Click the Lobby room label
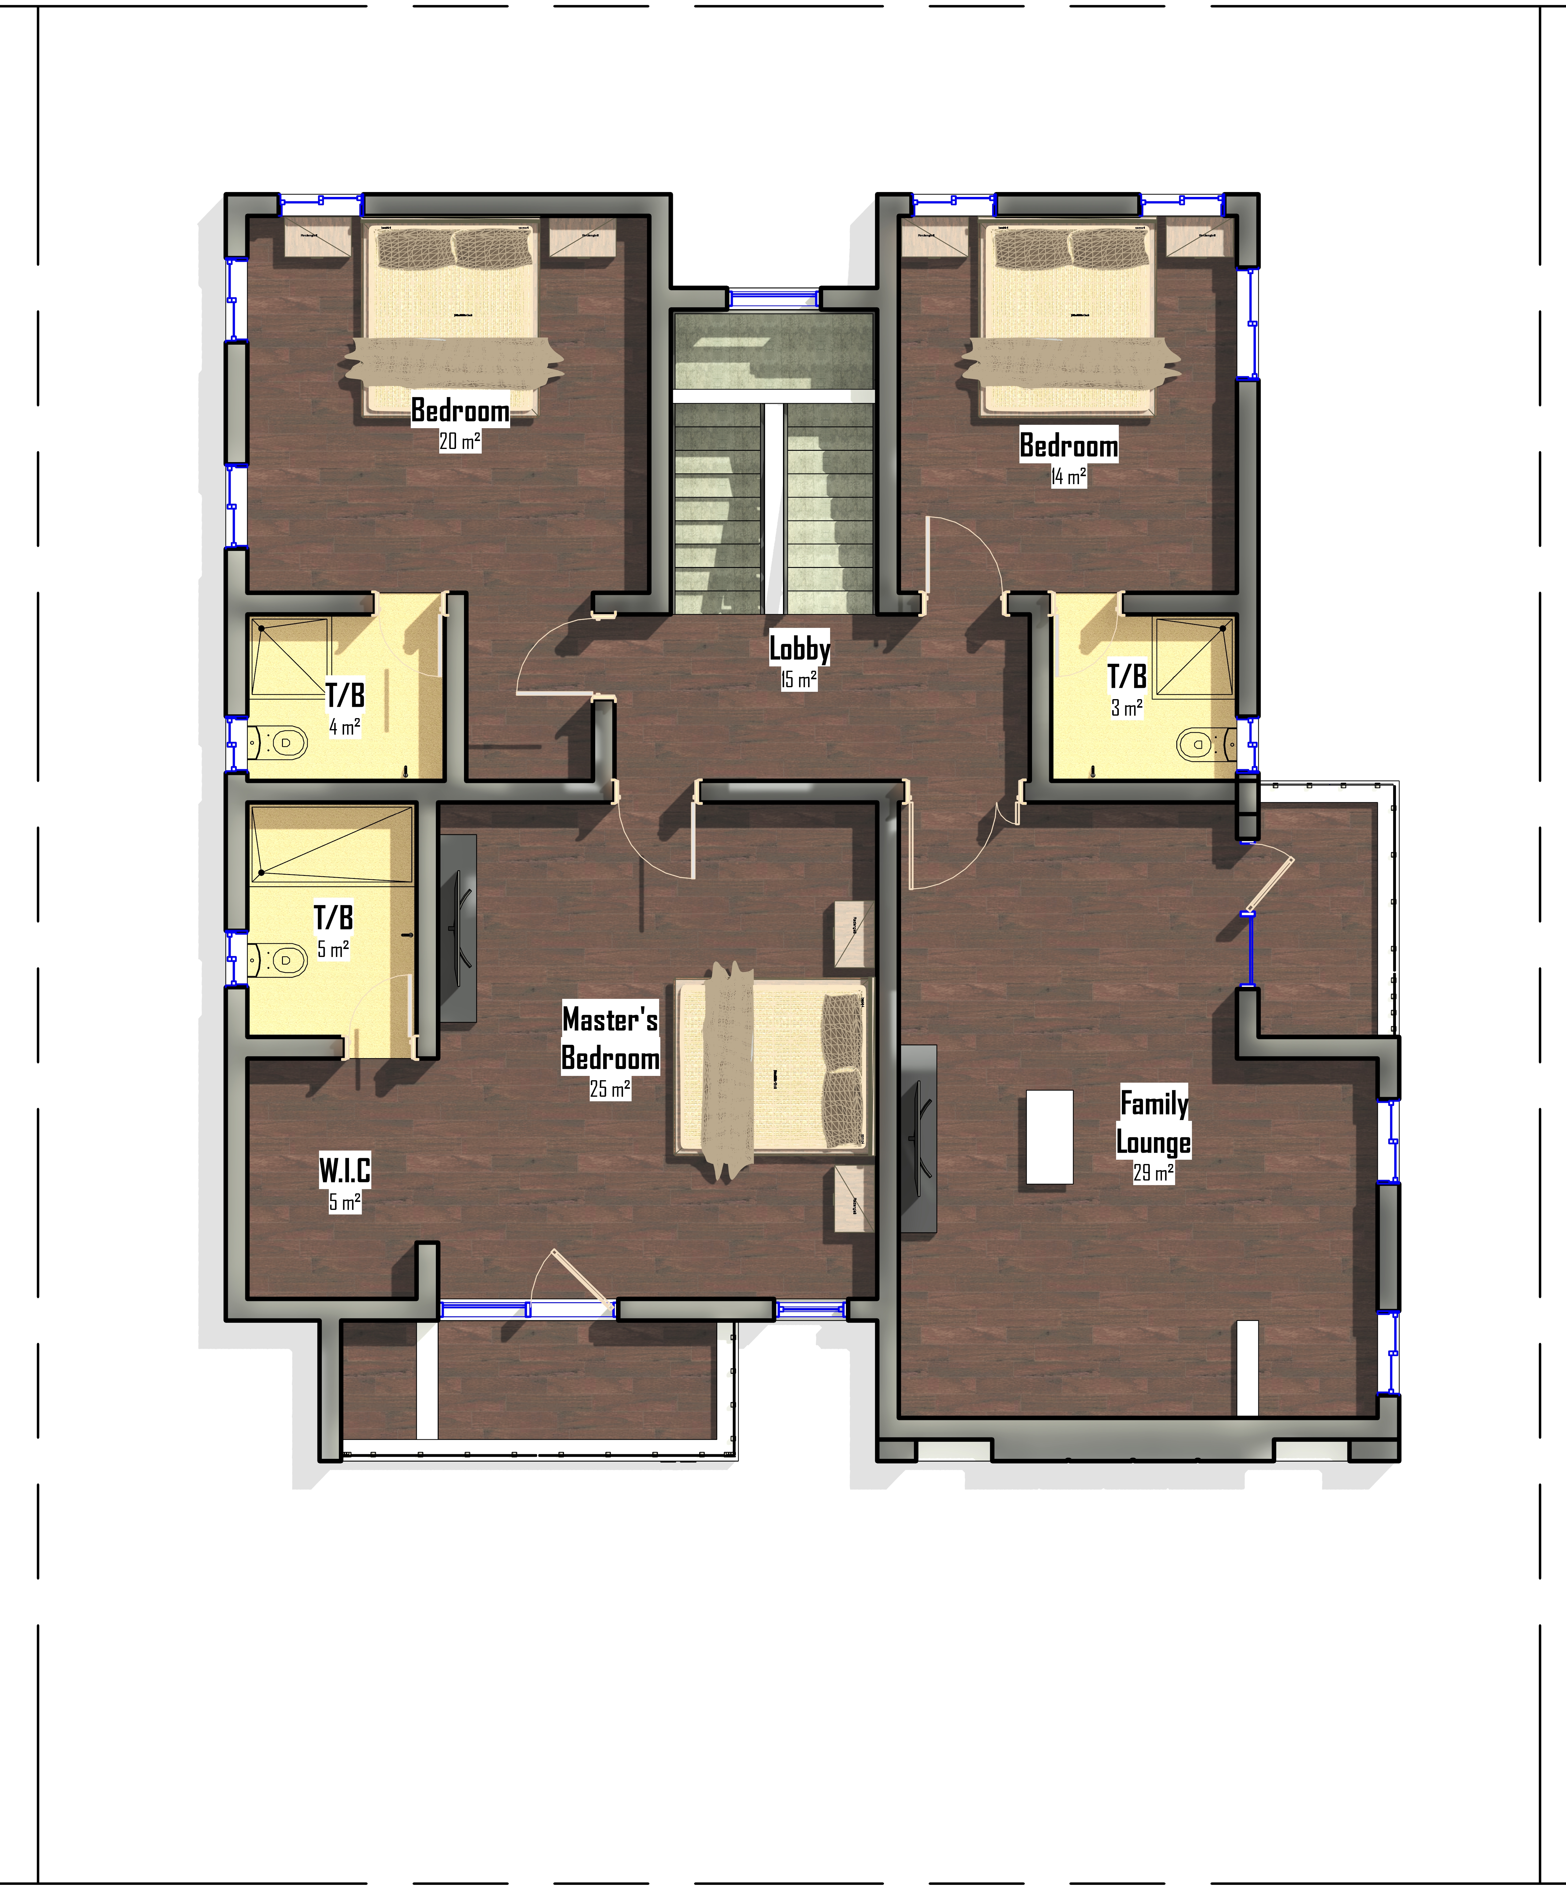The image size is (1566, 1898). [799, 649]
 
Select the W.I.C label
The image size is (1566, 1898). [345, 1170]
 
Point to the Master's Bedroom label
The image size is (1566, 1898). [610, 1038]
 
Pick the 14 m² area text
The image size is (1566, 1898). [1068, 476]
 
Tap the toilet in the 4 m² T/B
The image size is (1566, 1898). [280, 743]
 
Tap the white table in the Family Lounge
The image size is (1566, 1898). [1049, 1137]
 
